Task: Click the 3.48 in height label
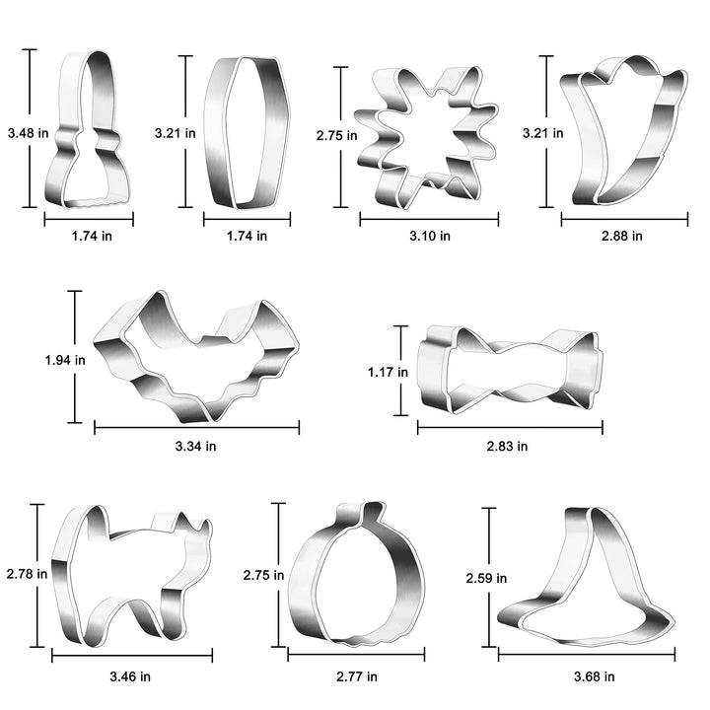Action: (x=28, y=133)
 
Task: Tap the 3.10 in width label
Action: (x=430, y=236)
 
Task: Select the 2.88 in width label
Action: (x=621, y=236)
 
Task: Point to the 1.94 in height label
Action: (x=65, y=360)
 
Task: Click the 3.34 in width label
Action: (x=195, y=446)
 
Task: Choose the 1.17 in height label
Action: (x=388, y=372)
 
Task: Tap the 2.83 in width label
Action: (x=507, y=446)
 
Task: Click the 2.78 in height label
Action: (x=27, y=574)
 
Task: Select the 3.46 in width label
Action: (x=130, y=676)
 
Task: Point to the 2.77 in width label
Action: (x=357, y=676)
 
